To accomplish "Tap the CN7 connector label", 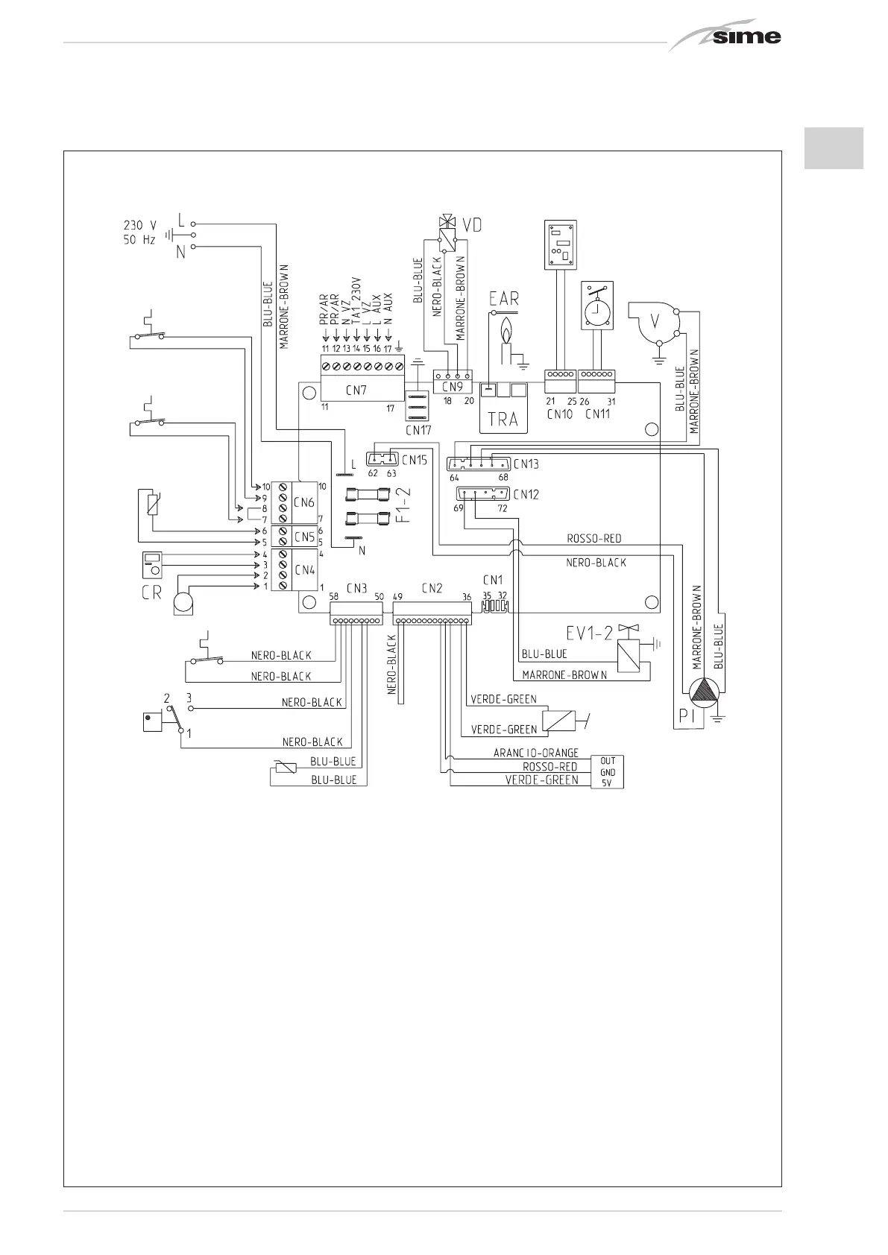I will pos(356,390).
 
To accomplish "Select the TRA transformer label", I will pos(503,420).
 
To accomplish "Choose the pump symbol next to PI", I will pos(702,694).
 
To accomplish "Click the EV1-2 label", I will pos(589,633).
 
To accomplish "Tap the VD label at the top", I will pos(472,224).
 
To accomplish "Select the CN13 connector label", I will pos(526,464).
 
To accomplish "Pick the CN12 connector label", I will pos(526,494).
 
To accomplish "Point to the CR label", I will pos(151,593).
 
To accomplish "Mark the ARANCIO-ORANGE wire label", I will pos(535,753).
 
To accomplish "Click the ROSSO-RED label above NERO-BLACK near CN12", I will pos(594,538).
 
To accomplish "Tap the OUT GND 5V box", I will pos(608,772).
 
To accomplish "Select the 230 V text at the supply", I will pos(140,224).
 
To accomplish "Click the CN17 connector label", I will pos(418,430).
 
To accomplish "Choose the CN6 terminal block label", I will pos(305,502).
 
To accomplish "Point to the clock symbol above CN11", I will pos(597,306).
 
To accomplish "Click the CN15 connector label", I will pos(414,460).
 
